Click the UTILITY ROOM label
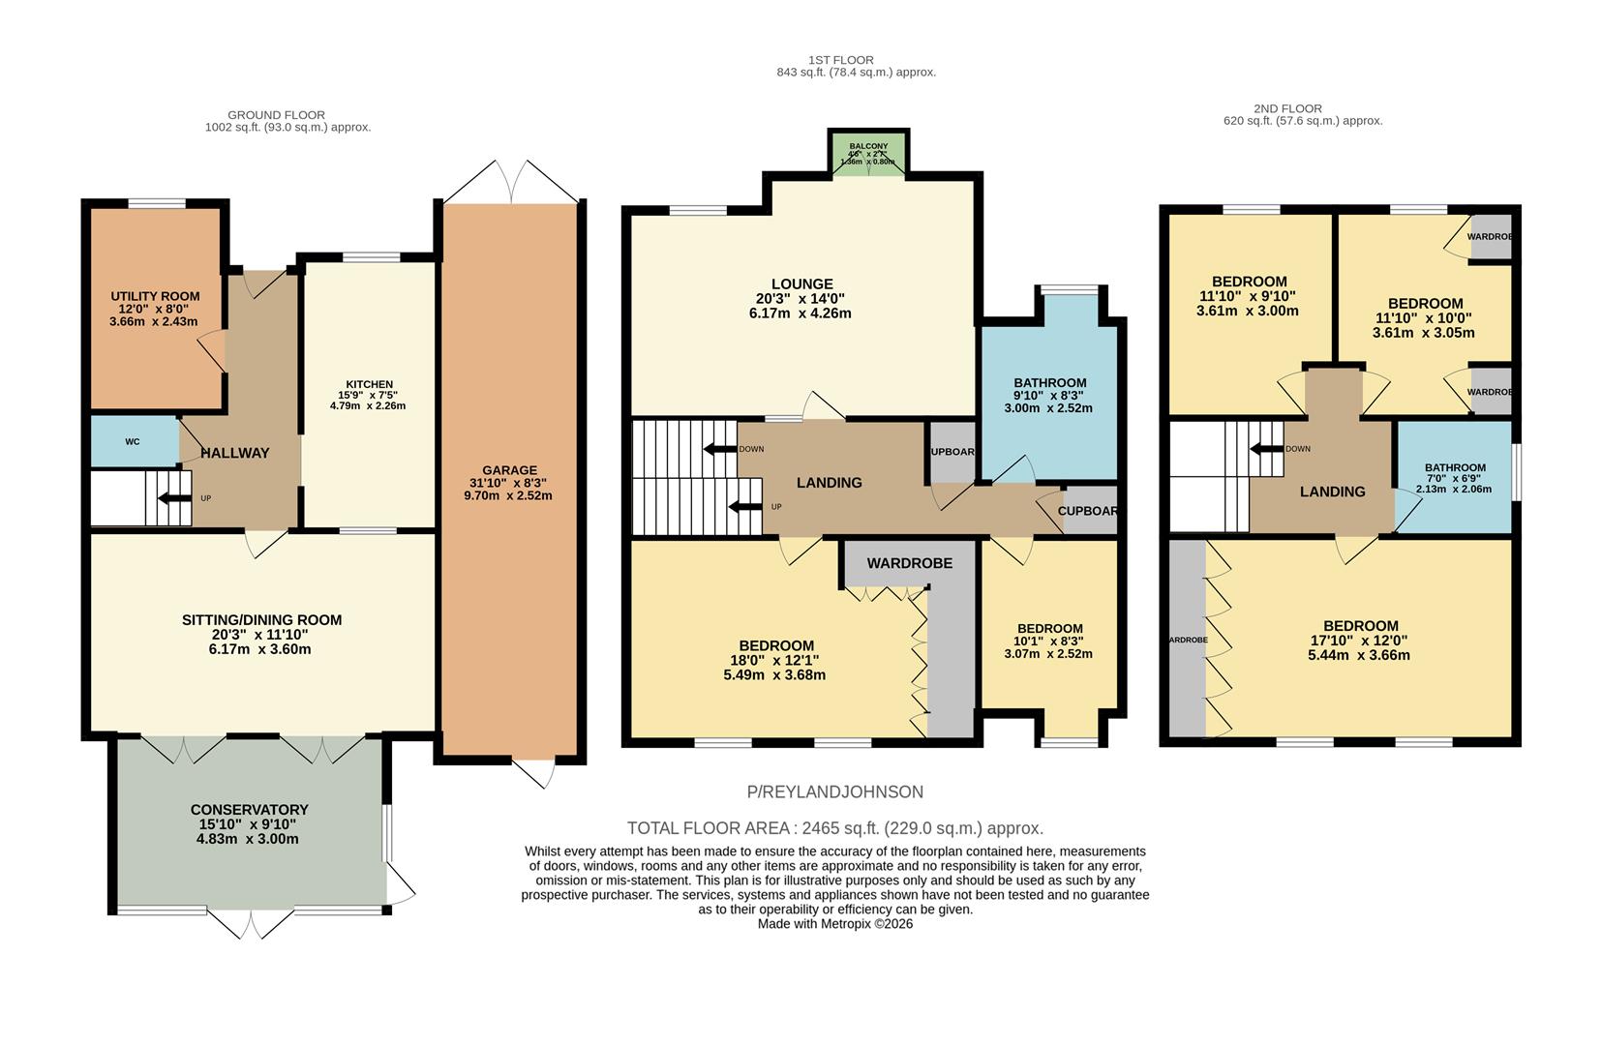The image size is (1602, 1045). point(155,296)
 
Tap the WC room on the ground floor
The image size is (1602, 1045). point(133,441)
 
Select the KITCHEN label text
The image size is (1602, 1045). point(369,384)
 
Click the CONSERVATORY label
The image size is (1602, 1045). point(249,810)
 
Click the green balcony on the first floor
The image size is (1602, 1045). point(868,153)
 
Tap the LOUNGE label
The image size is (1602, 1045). point(801,284)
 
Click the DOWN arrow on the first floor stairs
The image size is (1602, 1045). point(720,449)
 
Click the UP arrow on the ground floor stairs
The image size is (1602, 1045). point(175,498)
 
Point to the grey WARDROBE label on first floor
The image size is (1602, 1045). point(909,563)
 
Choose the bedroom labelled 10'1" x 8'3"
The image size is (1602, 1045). point(1049,641)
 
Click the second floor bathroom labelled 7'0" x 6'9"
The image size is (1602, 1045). point(1454,478)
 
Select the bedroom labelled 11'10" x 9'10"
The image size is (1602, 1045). point(1247,296)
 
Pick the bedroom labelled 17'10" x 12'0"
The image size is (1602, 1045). point(1360,640)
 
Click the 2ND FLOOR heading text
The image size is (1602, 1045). point(1286,108)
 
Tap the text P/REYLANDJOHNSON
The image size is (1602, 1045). point(834,792)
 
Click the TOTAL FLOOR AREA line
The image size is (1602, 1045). point(834,828)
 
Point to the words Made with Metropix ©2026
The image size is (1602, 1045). point(834,924)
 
